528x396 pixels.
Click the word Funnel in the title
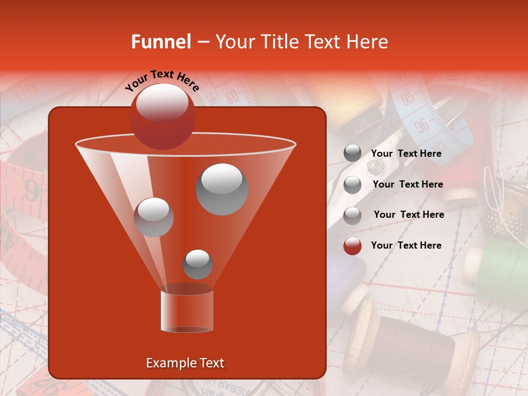(x=161, y=42)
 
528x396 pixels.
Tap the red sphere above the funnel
(x=162, y=116)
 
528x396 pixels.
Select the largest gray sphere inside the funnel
(x=222, y=189)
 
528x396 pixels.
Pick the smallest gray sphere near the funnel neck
(x=197, y=264)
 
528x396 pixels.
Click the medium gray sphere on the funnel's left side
(x=153, y=217)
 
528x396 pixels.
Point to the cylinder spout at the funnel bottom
(x=186, y=311)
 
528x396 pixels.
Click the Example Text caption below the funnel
(x=185, y=363)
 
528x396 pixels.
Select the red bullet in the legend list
(x=353, y=246)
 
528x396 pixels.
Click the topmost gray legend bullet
(x=353, y=153)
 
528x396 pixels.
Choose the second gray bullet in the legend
(x=353, y=185)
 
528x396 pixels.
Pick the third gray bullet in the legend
(x=353, y=215)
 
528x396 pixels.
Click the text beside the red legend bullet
(x=406, y=245)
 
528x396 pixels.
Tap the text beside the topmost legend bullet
(x=406, y=153)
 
